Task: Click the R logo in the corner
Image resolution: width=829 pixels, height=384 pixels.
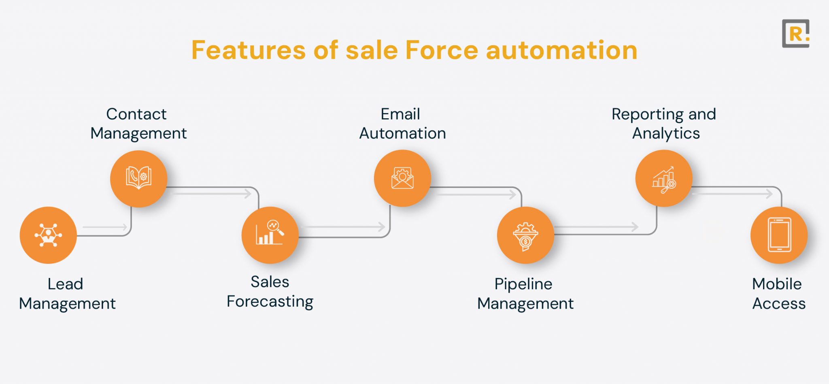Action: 795,34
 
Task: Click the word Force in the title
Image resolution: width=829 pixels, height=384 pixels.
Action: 442,50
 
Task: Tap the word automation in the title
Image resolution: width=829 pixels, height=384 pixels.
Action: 561,50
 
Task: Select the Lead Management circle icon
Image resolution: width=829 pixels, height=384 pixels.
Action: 48,235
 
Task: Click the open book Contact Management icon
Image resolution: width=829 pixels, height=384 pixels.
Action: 138,179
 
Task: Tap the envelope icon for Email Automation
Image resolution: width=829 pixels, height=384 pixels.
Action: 402,178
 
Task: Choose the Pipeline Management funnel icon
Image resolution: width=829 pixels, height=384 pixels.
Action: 525,235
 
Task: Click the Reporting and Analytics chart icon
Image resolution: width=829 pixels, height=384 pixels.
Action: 664,179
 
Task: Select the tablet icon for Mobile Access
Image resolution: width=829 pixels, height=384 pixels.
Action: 779,235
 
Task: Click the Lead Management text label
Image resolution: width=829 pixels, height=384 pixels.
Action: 67,294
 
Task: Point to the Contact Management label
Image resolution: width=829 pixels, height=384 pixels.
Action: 138,124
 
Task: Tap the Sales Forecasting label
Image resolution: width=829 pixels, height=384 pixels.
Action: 270,292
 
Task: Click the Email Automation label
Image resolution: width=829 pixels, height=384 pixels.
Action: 402,124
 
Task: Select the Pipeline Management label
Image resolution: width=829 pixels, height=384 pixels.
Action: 525,294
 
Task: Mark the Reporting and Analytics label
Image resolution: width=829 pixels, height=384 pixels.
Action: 664,124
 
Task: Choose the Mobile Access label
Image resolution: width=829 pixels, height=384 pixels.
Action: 778,294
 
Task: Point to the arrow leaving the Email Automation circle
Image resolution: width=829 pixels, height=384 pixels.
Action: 476,194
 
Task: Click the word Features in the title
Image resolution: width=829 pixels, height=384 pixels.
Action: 249,50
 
